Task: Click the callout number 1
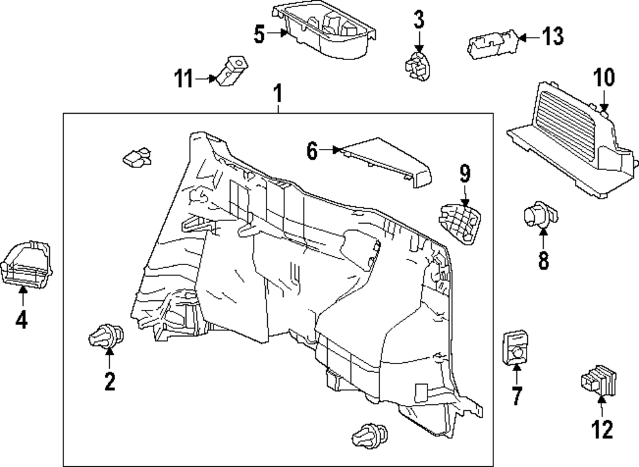(x=277, y=94)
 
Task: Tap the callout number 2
(x=109, y=382)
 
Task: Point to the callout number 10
(x=603, y=78)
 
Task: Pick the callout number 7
(x=516, y=396)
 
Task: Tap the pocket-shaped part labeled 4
(x=27, y=261)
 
